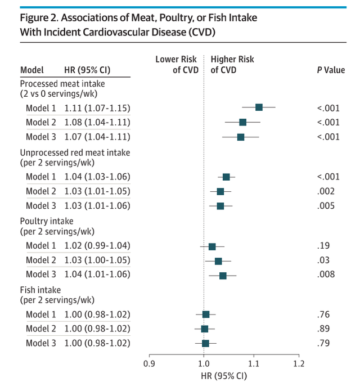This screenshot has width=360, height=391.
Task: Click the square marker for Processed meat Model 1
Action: pyautogui.click(x=259, y=107)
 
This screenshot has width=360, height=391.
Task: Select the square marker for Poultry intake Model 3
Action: pyautogui.click(x=223, y=275)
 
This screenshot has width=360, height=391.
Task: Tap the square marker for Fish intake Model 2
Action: pyautogui.click(x=204, y=329)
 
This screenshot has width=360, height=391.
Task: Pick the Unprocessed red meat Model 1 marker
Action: pyautogui.click(x=226, y=177)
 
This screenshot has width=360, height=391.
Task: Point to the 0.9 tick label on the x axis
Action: pyautogui.click(x=150, y=364)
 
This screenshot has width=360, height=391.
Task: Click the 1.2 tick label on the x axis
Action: pyautogui.click(x=299, y=364)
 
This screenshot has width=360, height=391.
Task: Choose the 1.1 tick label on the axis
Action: pyautogui.click(x=253, y=364)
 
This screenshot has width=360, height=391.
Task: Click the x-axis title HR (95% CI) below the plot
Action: pyautogui.click(x=223, y=375)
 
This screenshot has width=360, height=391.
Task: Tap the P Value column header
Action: pyautogui.click(x=331, y=70)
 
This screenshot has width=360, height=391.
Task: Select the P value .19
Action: pyautogui.click(x=323, y=245)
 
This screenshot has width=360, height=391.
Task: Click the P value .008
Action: pyautogui.click(x=326, y=275)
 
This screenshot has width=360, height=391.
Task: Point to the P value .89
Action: pyautogui.click(x=323, y=329)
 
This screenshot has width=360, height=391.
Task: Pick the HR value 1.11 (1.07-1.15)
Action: pyautogui.click(x=97, y=107)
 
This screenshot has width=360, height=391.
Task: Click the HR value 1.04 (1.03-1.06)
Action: pyautogui.click(x=97, y=177)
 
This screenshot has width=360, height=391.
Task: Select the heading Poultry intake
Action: pyautogui.click(x=47, y=221)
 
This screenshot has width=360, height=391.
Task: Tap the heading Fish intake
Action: pyautogui.click(x=41, y=290)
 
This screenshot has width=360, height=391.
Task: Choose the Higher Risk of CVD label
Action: pyautogui.click(x=232, y=65)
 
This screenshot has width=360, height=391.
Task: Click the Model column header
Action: pyautogui.click(x=32, y=70)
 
